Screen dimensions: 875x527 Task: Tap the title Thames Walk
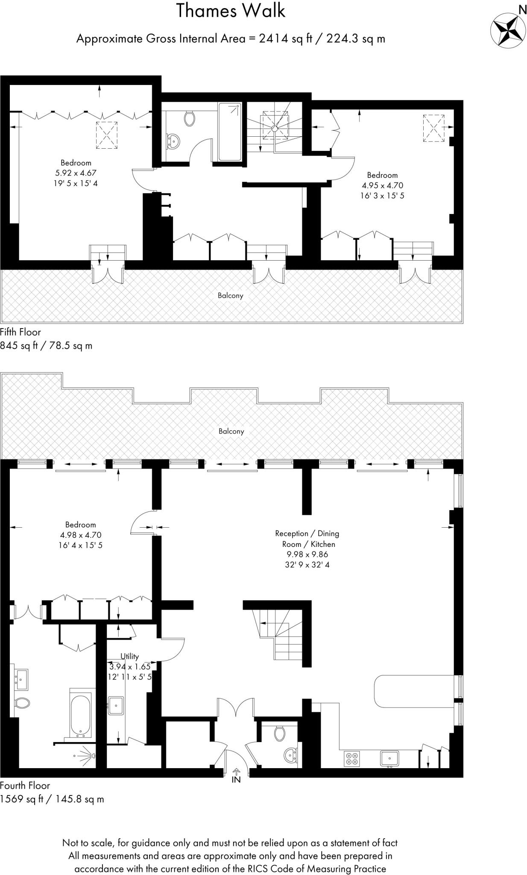pos(231,11)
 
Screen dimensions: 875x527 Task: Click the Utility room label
pos(129,656)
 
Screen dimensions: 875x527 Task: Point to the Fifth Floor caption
pos(20,332)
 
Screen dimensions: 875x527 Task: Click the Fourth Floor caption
pos(25,785)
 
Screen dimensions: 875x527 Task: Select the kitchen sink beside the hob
pos(389,758)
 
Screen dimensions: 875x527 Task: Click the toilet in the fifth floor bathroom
pos(190,118)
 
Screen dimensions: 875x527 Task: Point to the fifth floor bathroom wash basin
pos(173,140)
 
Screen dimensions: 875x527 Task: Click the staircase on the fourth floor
pos(280,634)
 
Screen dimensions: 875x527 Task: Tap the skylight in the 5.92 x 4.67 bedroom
pos(107,135)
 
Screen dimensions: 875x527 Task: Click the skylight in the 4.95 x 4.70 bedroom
pos(433,128)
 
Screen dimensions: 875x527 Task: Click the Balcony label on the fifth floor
pos(231,295)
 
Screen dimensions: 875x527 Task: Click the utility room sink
pos(116,705)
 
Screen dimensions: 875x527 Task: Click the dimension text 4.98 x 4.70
pos(81,535)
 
